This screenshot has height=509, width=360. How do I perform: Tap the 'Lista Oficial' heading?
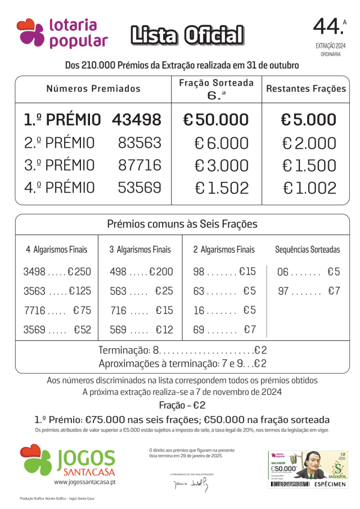187,35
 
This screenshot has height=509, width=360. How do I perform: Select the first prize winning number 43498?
137,120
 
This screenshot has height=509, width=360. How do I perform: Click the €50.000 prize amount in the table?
216,120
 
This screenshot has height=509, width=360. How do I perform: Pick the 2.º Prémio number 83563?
139,143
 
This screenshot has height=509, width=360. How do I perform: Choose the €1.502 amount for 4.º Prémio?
222,188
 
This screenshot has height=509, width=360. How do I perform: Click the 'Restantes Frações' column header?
306,89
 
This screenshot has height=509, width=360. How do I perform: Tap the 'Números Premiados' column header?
93,89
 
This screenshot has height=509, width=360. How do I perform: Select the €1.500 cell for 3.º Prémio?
309,166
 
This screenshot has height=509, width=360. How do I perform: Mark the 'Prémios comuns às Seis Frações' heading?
182,224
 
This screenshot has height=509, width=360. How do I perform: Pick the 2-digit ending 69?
200,330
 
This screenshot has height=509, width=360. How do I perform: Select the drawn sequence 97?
283,291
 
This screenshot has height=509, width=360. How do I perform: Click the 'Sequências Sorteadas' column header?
307,250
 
